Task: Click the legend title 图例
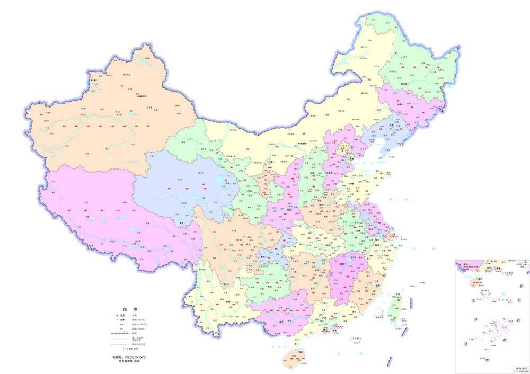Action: [130, 308]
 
